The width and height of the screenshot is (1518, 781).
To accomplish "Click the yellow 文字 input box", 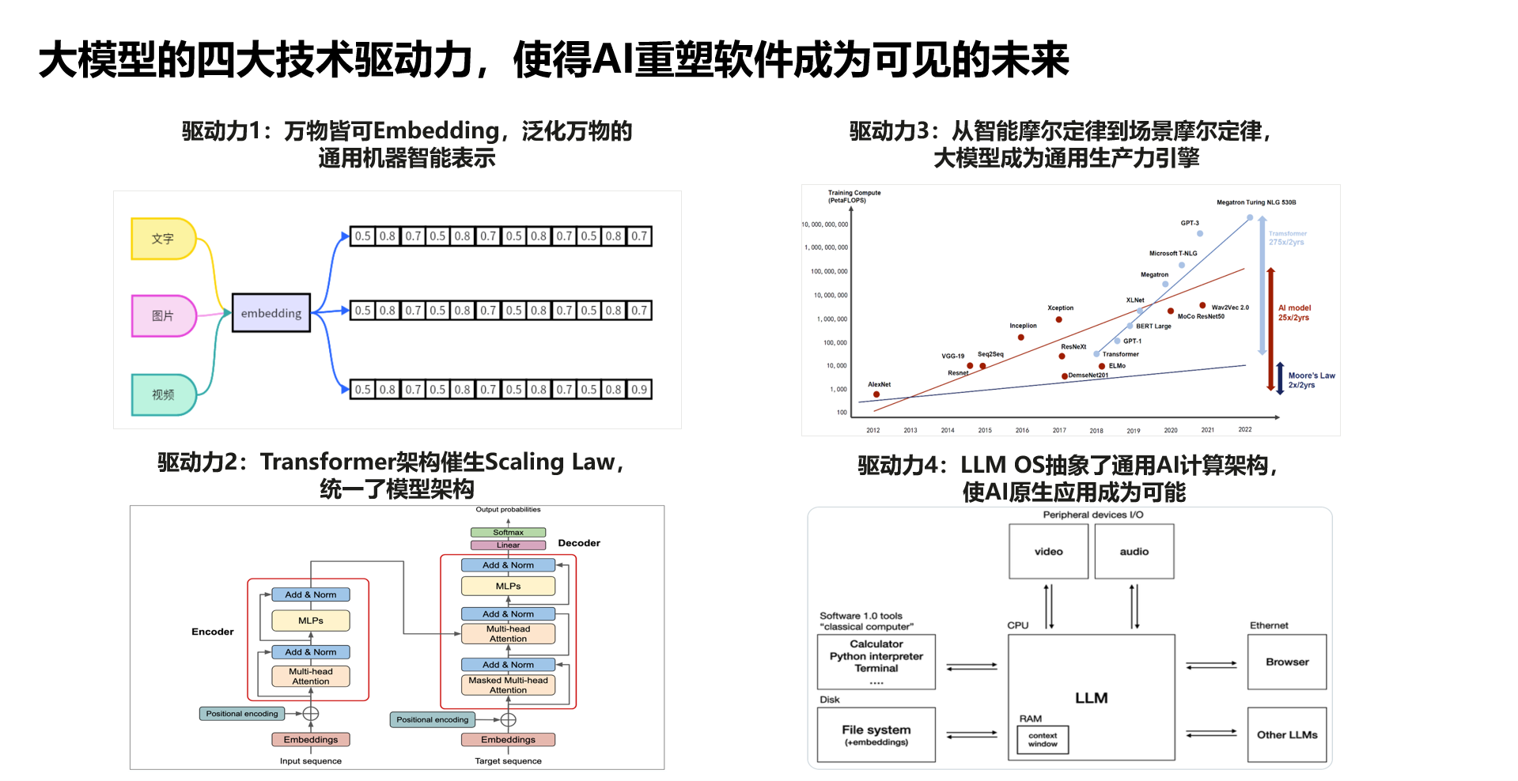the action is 163,239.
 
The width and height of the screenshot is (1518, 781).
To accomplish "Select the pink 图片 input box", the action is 163,316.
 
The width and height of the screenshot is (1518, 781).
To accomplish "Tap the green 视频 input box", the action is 163,394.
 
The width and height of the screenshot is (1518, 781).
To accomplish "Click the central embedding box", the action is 271,313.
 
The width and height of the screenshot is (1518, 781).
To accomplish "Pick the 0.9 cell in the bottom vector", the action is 639,390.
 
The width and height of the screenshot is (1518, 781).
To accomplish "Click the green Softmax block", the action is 508,533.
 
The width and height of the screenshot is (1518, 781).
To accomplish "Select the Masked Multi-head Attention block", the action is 508,685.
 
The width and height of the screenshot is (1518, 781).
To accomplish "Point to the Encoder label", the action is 212,632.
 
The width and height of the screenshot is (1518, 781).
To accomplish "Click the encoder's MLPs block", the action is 311,621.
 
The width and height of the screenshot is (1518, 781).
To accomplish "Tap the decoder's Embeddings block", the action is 508,740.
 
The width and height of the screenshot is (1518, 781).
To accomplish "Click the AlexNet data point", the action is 876,394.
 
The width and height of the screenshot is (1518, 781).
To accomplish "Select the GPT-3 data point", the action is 1200,233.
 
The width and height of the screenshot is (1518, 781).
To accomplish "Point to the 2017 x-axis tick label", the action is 1059,431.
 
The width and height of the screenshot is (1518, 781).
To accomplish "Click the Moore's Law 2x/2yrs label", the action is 1311,380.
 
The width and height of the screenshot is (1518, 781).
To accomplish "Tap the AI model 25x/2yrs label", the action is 1294,313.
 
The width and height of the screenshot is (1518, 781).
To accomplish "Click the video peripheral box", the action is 1049,552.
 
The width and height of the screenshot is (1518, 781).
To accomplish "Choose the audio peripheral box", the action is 1134,552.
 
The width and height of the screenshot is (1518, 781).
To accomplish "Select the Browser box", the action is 1287,662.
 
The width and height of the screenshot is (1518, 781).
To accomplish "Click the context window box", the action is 1043,740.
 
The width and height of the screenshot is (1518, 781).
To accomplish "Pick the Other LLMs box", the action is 1287,735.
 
